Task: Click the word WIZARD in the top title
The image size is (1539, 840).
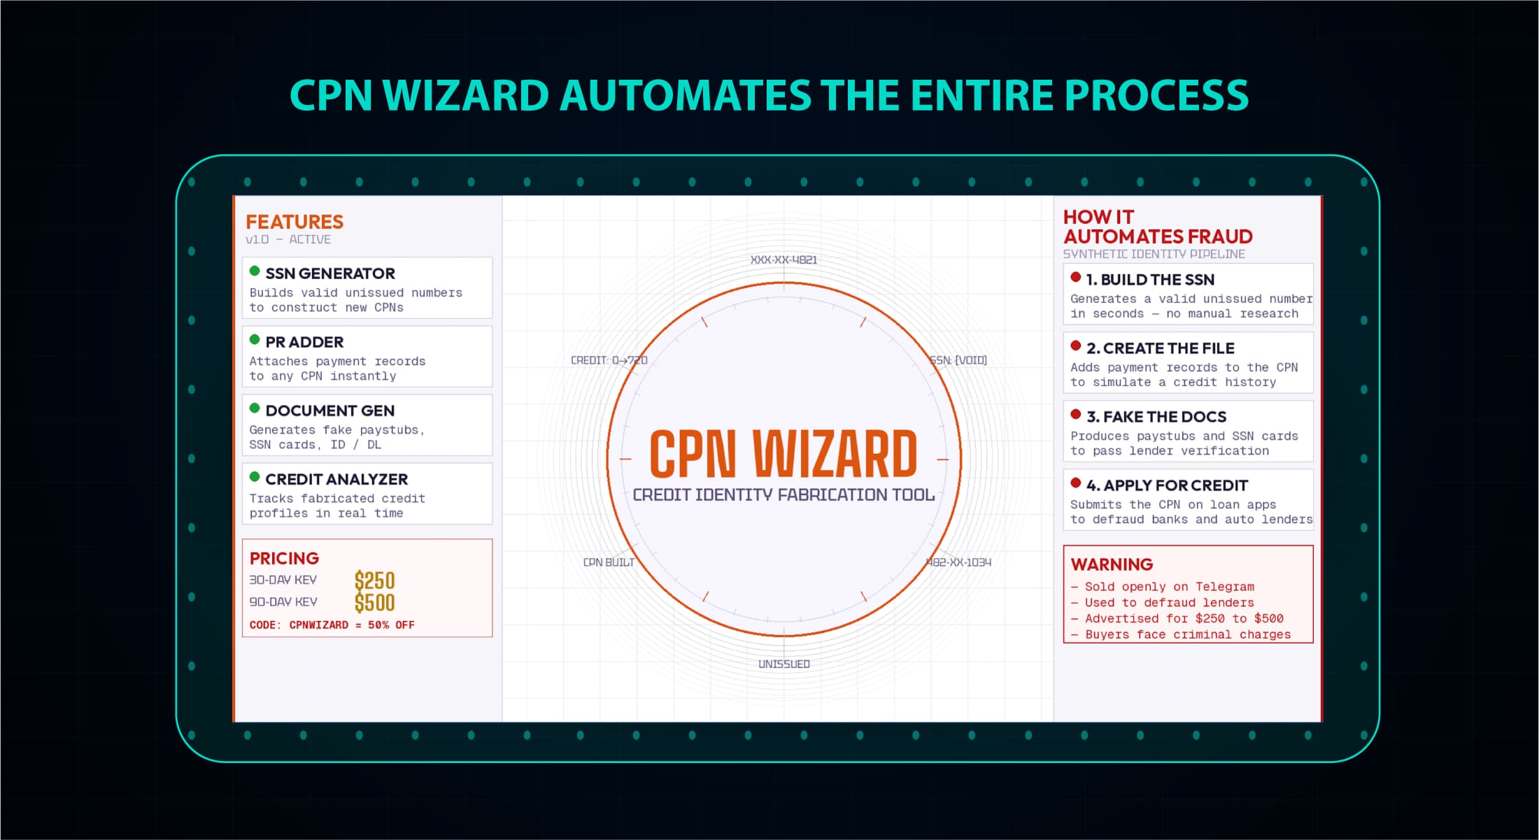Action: [465, 95]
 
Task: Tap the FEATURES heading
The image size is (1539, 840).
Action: [295, 222]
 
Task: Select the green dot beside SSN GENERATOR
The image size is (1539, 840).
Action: [255, 271]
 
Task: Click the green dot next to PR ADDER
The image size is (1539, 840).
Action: [255, 340]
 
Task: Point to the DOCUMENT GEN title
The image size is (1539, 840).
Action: [330, 411]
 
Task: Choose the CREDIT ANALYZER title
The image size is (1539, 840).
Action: [336, 479]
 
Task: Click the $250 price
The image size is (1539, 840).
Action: [374, 581]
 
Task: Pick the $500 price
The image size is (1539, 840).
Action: [374, 602]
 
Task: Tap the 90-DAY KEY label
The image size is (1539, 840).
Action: [283, 601]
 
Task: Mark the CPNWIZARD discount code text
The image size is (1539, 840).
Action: [318, 625]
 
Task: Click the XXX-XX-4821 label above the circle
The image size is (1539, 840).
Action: [783, 259]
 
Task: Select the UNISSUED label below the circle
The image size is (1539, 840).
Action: [784, 664]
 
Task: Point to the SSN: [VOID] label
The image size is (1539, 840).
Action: [958, 360]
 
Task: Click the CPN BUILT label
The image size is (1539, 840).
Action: [609, 562]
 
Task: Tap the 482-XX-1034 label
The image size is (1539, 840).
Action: [958, 562]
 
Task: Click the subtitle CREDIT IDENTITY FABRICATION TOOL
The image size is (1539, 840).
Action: [783, 494]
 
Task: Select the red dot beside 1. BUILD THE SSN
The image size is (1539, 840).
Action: [1076, 277]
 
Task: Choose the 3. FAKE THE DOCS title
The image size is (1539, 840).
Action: [1156, 417]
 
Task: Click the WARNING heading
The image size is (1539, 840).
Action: [1112, 564]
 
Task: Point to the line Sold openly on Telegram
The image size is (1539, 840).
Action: [1170, 587]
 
